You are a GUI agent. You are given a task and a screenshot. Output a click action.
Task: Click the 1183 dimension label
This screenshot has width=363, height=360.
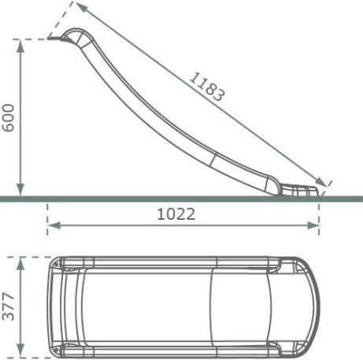pyautogui.click(x=207, y=87)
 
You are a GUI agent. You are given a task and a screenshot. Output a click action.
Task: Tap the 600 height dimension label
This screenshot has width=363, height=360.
pyautogui.click(x=8, y=118)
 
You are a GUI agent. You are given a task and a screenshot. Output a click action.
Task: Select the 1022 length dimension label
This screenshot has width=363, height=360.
pyautogui.click(x=176, y=214)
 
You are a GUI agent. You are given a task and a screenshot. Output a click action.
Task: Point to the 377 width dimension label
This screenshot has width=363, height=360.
pyautogui.click(x=8, y=306)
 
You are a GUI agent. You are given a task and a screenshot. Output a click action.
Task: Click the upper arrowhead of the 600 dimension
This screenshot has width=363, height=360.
pyautogui.click(x=20, y=46)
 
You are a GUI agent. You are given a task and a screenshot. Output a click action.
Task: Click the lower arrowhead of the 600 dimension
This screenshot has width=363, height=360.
pyautogui.click(x=20, y=190)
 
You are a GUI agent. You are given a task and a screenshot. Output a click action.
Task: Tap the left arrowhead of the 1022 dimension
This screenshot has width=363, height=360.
pyautogui.click(x=54, y=225)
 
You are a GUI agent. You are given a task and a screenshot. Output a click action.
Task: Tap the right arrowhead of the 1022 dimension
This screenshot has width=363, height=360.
pyautogui.click(x=313, y=225)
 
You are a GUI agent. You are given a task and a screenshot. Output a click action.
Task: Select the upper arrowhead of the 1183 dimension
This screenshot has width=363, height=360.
pyautogui.click(x=81, y=6)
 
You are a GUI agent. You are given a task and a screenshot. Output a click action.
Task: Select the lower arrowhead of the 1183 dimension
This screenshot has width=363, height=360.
pyautogui.click(x=321, y=182)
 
